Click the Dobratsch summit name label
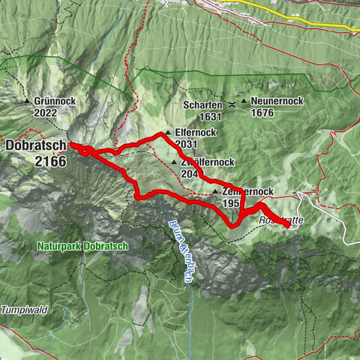point(35,146)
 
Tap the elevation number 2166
point(50,160)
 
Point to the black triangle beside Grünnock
point(27,101)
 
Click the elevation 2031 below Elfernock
point(187,144)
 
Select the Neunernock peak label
point(274,100)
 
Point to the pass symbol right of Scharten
point(232,103)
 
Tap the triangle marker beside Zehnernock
point(215,192)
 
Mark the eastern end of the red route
point(288,224)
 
